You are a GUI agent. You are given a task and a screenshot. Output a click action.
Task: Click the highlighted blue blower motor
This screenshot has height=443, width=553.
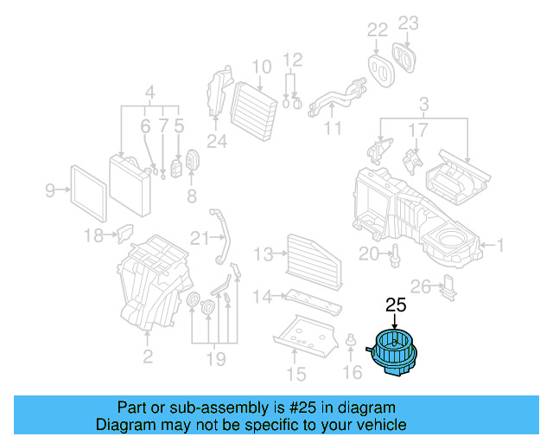pyautogui.click(x=393, y=352)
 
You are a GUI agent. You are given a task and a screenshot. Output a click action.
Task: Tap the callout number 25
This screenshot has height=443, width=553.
pyautogui.click(x=396, y=305)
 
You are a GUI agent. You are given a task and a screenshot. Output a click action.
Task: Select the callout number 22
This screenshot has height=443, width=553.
pyautogui.click(x=378, y=30)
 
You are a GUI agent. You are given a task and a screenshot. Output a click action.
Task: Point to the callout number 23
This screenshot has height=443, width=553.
pyautogui.click(x=409, y=23)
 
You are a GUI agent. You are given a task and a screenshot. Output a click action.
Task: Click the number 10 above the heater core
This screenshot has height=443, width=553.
pyautogui.click(x=262, y=67)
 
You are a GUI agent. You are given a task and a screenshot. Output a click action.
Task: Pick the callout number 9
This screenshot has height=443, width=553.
pyautogui.click(x=50, y=190)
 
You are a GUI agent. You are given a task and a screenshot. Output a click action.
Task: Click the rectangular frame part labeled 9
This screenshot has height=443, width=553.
pyautogui.click(x=88, y=194)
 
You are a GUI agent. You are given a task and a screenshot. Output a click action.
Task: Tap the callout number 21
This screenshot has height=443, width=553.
pyautogui.click(x=200, y=239)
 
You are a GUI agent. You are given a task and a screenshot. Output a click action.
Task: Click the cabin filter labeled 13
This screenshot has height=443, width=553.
pyautogui.click(x=313, y=261)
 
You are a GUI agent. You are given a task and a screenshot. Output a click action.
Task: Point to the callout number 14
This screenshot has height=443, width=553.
pyautogui.click(x=263, y=297)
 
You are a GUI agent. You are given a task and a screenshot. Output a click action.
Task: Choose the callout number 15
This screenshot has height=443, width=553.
pyautogui.click(x=296, y=375)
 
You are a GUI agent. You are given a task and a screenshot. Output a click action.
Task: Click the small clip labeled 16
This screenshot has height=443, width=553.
pyautogui.click(x=351, y=339)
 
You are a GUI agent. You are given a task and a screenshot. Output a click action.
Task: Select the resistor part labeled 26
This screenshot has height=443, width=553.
pyautogui.click(x=448, y=287)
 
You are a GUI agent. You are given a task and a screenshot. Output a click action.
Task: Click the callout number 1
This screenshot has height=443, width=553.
pyautogui.click(x=499, y=245)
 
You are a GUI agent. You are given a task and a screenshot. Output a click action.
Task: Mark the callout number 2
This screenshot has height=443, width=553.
pyautogui.click(x=148, y=356)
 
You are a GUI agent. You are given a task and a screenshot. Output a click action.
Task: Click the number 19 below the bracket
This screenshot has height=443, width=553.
pyautogui.click(x=216, y=359)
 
